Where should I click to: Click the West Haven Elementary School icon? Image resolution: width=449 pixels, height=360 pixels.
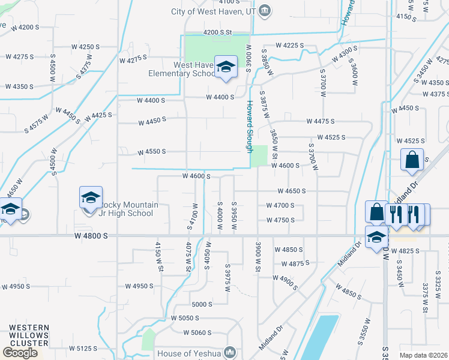(226, 68)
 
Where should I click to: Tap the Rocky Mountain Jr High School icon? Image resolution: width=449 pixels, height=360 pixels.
(90, 197)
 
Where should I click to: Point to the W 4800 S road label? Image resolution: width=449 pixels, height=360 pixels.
(91, 236)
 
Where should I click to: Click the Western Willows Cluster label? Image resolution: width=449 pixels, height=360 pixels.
(29, 335)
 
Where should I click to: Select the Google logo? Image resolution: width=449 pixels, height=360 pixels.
(20, 353)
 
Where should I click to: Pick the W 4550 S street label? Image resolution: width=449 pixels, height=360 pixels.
(151, 152)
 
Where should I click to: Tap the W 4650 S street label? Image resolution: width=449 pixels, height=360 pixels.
(292, 191)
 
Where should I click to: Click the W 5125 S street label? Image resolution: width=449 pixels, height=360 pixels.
(83, 348)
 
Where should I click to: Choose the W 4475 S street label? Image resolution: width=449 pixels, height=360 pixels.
(320, 121)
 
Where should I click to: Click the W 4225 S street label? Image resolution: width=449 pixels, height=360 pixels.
(290, 46)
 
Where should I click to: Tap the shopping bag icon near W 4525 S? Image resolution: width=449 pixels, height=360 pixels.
(412, 160)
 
